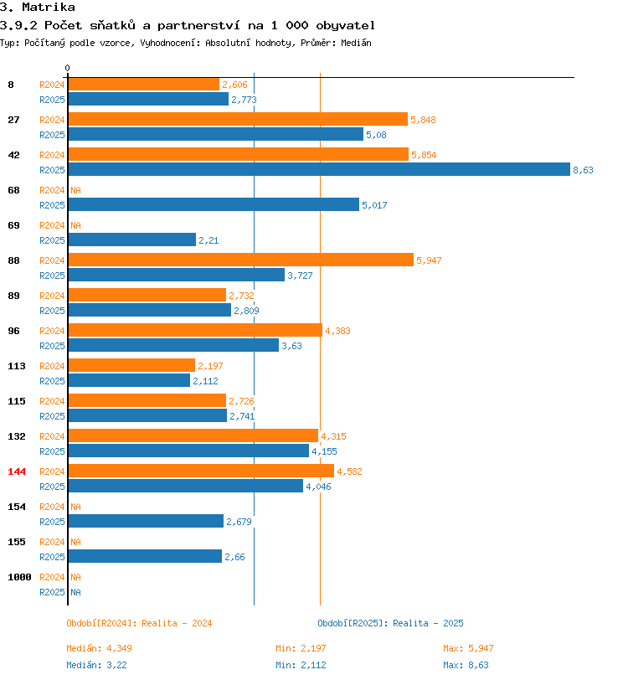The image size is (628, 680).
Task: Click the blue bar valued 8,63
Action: pos(319,169)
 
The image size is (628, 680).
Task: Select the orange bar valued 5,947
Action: pos(241,260)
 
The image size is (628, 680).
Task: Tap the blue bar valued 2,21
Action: pos(132,240)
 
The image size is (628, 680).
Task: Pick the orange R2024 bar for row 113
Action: pos(131,365)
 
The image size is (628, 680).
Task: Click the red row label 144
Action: pos(17,471)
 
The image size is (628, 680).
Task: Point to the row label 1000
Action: pos(19,577)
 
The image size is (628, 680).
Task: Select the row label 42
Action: pos(14,155)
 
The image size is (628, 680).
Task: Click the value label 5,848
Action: pos(424,120)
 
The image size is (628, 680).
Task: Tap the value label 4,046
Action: pos(318,487)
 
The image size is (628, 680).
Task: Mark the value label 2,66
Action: pos(234,557)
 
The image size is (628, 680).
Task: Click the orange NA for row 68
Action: pos(75,190)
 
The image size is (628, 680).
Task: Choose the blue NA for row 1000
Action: pos(75,592)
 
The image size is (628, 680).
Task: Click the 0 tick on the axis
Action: pos(67,68)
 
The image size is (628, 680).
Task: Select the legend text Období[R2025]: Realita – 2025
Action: pos(390,623)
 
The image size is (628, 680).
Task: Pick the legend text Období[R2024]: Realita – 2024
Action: pos(139,623)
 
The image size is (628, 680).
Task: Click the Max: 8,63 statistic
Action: pos(466,665)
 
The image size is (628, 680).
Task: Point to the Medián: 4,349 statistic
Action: pos(100,648)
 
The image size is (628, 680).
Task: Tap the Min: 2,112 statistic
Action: pos(301,665)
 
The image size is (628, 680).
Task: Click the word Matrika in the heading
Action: pos(48,7)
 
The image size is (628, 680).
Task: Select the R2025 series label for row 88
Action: pos(52,276)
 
